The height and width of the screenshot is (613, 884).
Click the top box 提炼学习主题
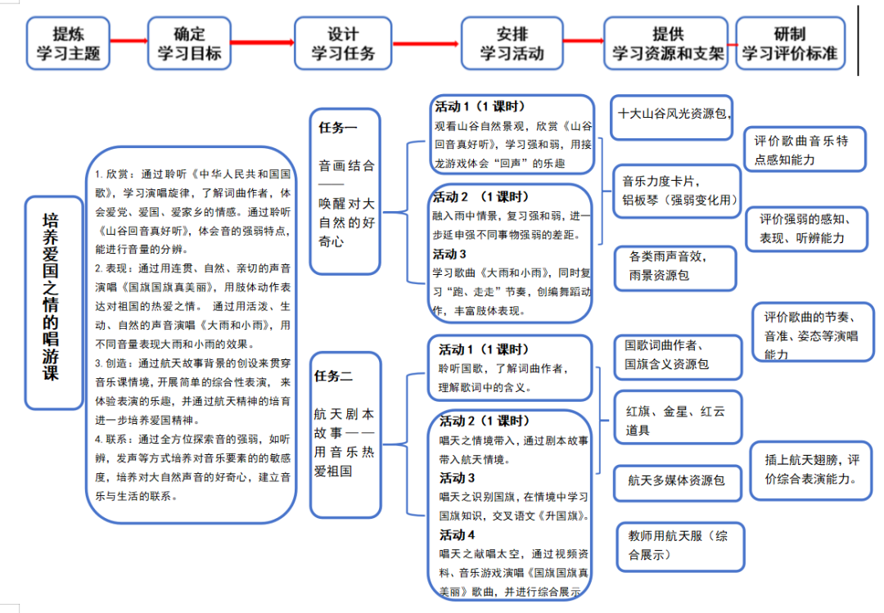click(x=68, y=43)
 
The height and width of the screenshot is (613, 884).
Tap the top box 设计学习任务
click(x=343, y=43)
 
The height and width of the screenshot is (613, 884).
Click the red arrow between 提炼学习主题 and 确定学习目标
click(x=129, y=40)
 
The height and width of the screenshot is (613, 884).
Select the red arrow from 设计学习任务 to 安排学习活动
click(x=425, y=43)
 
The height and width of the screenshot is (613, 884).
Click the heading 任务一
click(x=338, y=128)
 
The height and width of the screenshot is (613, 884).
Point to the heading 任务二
click(x=333, y=376)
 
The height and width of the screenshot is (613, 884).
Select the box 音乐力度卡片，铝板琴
click(x=679, y=190)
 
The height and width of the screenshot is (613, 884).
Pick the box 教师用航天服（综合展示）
click(x=679, y=546)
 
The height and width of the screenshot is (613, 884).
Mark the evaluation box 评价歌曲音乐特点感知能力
click(x=805, y=150)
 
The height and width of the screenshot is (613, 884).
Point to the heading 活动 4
click(x=458, y=535)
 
